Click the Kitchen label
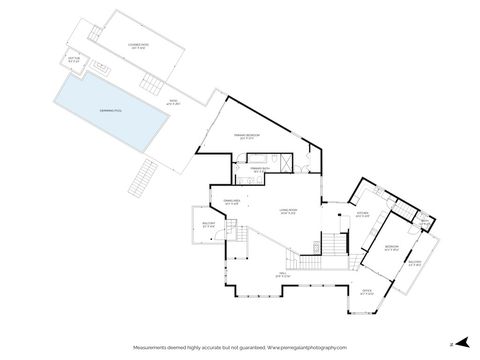click(363, 213)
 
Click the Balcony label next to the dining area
click(208, 224)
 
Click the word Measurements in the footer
click(160, 347)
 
